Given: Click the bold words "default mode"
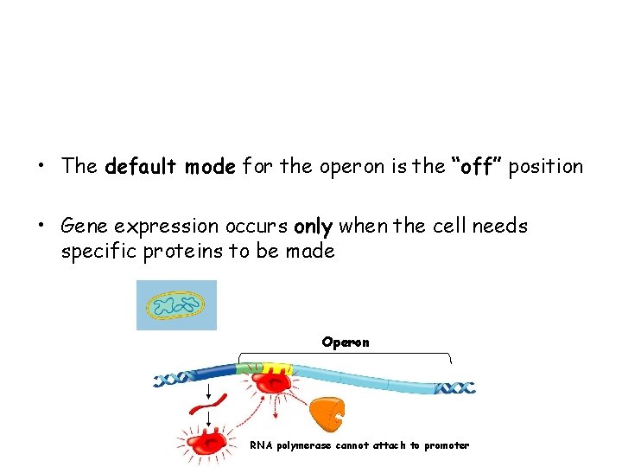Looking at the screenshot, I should pos(169,166).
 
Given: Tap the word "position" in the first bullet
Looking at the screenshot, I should pos(545,166).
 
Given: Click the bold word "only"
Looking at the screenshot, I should pos(313,227).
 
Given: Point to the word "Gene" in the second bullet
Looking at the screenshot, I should pos(85,227).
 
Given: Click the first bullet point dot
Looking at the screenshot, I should pos(41,167).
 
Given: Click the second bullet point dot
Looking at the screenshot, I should pos(41,227).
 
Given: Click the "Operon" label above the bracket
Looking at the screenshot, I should pos(346,342).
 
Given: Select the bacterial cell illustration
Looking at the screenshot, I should pos(176,305).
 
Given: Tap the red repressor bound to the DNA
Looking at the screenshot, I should pos(275,381).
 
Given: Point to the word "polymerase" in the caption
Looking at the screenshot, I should pos(304,446).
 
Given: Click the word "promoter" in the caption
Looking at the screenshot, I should pos(447,446).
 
